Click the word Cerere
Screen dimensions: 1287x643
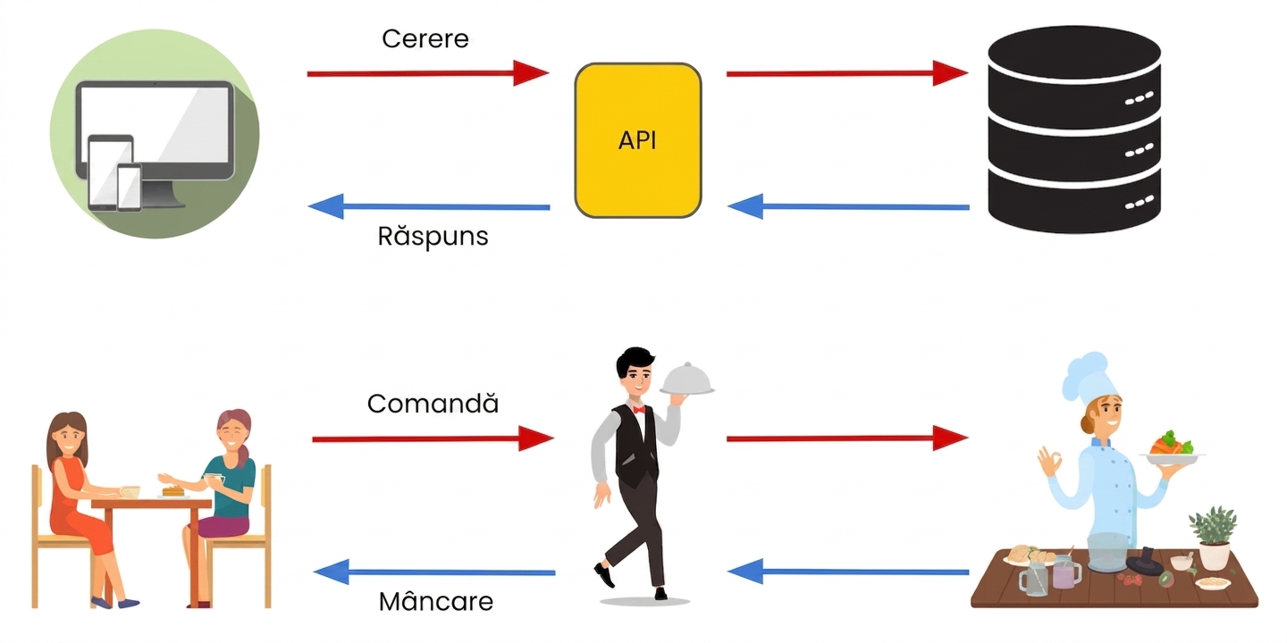(425, 39)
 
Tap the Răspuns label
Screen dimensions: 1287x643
(433, 236)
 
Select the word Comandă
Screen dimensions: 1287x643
(433, 403)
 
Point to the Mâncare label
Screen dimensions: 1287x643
(435, 601)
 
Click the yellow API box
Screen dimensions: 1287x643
(638, 141)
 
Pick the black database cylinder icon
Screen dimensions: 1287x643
(1074, 129)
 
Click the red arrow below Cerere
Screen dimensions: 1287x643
(428, 73)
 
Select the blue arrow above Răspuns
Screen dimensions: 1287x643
(429, 206)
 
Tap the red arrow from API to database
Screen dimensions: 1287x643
(847, 73)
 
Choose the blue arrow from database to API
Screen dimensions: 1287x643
(849, 206)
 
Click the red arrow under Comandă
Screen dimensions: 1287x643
(433, 439)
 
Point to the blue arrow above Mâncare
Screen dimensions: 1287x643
(434, 572)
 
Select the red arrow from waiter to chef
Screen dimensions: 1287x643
(847, 438)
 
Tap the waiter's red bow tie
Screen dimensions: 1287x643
(639, 409)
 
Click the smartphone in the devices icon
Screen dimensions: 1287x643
(130, 188)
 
